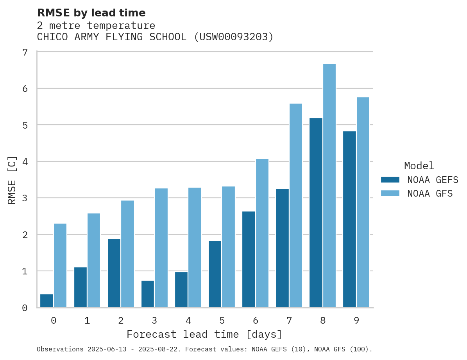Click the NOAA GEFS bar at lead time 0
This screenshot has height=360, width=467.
(47, 301)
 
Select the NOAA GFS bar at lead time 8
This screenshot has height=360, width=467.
(329, 186)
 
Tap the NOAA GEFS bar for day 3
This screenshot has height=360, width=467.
(148, 294)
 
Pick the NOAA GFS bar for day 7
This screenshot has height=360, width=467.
(296, 206)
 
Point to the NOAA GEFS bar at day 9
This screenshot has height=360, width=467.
(350, 219)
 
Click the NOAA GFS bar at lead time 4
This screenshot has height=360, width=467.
(195, 247)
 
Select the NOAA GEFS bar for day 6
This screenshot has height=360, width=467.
(249, 260)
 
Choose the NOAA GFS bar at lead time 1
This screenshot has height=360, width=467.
(94, 260)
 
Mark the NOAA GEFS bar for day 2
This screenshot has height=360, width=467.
(114, 273)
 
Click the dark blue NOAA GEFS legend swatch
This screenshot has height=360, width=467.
(390, 180)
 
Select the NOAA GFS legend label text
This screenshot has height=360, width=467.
(430, 193)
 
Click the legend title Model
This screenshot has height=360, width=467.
(419, 166)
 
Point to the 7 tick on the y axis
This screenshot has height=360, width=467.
(25, 52)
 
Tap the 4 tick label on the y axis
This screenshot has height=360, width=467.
(25, 162)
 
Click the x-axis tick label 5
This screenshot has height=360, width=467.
(222, 321)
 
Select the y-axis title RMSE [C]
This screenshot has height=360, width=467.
(13, 180)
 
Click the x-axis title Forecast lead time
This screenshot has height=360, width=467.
(204, 335)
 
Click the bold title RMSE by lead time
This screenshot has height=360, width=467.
(91, 13)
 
